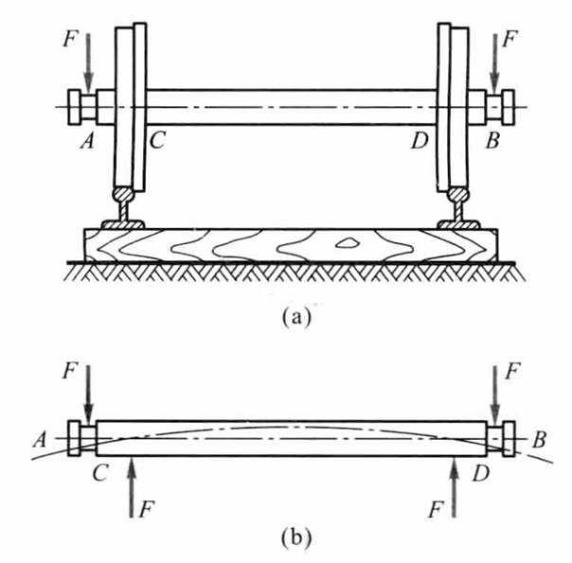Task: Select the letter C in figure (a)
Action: click(x=157, y=140)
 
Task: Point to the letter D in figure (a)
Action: click(x=419, y=141)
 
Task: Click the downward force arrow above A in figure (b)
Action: click(x=86, y=394)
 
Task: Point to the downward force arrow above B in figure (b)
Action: click(x=492, y=394)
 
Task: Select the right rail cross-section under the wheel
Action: click(x=457, y=209)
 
